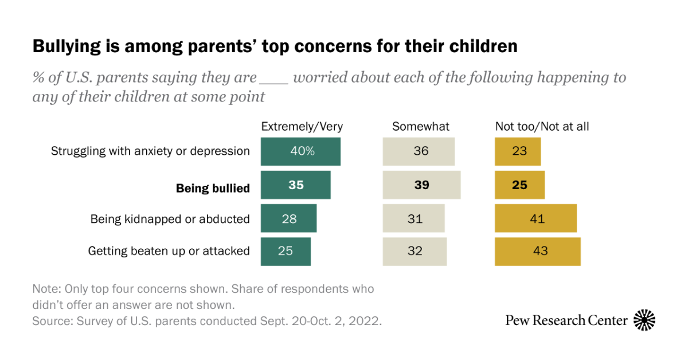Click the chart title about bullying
[x=275, y=46]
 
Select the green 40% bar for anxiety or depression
[x=300, y=151]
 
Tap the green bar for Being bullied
[x=295, y=185]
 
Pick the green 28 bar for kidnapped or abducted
[x=288, y=218]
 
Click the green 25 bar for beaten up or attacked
[x=286, y=251]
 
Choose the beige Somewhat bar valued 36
[x=419, y=151]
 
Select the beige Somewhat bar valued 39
[x=421, y=185]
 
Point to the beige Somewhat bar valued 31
[x=413, y=218]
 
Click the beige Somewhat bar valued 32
[x=415, y=251]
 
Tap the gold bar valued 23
[x=518, y=151]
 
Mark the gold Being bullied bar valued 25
[x=520, y=185]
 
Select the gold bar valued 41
[x=536, y=218]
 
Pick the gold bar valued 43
[x=538, y=251]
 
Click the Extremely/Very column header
[x=302, y=127]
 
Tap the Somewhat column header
[x=421, y=127]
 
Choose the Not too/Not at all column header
[x=542, y=127]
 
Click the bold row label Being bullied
[x=213, y=188]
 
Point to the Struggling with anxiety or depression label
[x=150, y=151]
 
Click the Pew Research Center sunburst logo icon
[x=644, y=320]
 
